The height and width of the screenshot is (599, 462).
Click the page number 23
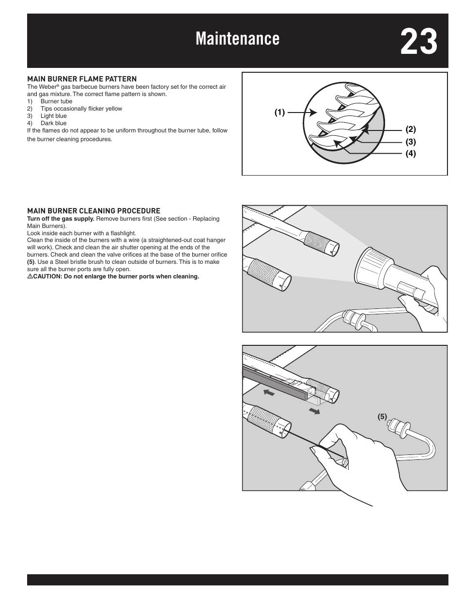coord(418,42)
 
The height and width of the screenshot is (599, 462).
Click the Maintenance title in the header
coord(237,39)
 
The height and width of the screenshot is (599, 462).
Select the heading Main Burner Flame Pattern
coord(82,79)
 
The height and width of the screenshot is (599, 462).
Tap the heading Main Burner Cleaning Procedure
coord(93,211)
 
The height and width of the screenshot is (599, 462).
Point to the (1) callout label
coord(280,113)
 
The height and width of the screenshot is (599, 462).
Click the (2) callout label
coord(411,130)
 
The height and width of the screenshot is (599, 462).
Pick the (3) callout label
coord(411,142)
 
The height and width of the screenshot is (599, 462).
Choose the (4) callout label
coord(411,154)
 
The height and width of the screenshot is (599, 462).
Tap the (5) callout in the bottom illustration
coord(383,416)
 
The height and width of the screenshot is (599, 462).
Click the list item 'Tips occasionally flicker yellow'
coord(81,109)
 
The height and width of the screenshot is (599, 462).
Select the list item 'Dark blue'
coord(53,123)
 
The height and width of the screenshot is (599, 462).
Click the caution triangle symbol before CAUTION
coord(30,276)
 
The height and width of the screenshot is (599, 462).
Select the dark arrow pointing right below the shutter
coord(315,411)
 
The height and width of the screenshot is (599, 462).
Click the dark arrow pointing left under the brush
coord(269,392)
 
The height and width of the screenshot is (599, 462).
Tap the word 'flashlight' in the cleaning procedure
coord(123,233)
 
